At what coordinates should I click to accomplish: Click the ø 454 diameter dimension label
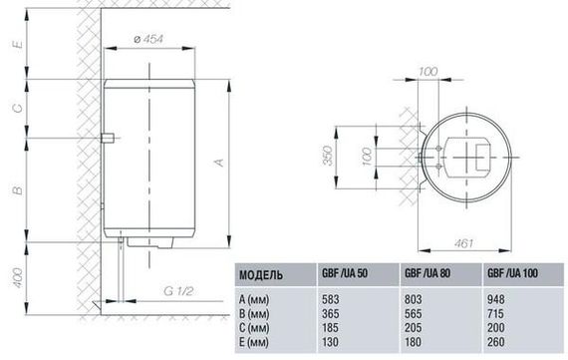(x=148, y=39)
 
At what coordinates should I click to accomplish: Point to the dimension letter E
(x=18, y=44)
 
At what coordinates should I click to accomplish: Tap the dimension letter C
(x=18, y=108)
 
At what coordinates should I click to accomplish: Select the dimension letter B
(x=18, y=189)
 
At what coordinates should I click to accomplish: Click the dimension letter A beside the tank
(x=219, y=163)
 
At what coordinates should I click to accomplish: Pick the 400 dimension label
(x=18, y=278)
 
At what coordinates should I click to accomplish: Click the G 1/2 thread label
(x=178, y=291)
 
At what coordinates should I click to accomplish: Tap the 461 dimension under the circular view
(x=463, y=243)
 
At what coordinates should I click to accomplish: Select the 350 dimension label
(x=328, y=156)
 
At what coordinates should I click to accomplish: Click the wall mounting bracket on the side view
(x=108, y=139)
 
